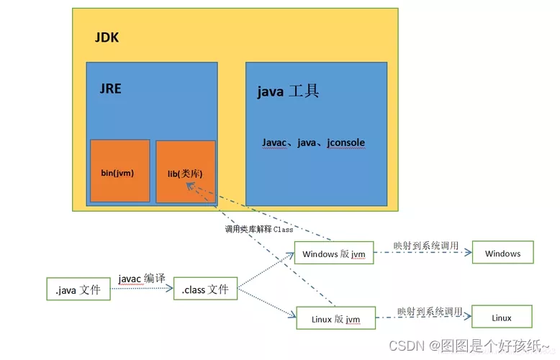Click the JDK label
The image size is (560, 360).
click(x=107, y=37)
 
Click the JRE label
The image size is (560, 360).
click(x=111, y=89)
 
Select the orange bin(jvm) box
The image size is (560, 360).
click(x=120, y=171)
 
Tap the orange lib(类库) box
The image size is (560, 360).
click(x=185, y=172)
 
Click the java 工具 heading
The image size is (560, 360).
click(x=288, y=91)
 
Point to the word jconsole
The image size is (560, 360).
click(x=346, y=143)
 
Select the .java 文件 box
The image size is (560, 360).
click(x=78, y=289)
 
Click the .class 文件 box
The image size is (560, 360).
click(x=205, y=289)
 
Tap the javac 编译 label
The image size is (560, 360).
click(x=143, y=278)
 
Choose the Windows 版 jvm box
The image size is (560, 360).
click(x=334, y=253)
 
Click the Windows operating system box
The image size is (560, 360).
click(x=502, y=253)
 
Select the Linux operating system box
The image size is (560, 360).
click(x=502, y=318)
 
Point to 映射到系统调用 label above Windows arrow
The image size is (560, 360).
click(x=425, y=246)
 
